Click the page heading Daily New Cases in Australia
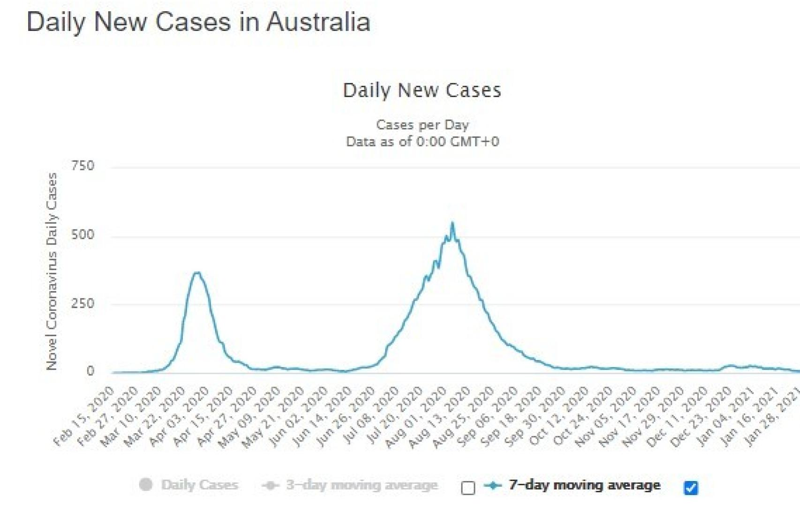point(198,22)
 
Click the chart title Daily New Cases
point(422,90)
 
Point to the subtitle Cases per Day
point(422,125)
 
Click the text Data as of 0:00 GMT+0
point(422,142)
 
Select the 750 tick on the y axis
point(83,166)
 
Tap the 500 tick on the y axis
point(83,235)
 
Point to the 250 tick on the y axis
point(83,304)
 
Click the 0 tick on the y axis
point(90,371)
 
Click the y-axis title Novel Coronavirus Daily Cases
point(52,271)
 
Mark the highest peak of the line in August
point(452,224)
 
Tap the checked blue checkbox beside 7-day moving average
point(691,488)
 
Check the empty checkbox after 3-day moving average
point(468,488)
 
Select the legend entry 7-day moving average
point(584,485)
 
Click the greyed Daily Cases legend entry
point(199,485)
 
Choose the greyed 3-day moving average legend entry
point(361,485)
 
